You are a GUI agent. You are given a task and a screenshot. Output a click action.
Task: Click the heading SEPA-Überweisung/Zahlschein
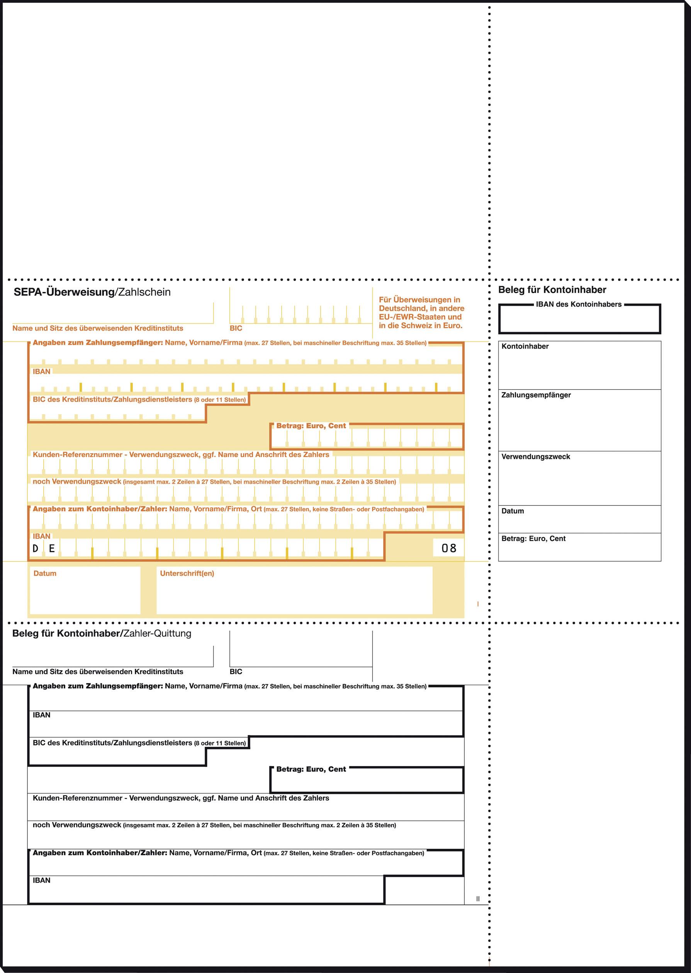(x=92, y=292)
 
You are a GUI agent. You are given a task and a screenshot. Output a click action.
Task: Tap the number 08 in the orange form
(x=448, y=548)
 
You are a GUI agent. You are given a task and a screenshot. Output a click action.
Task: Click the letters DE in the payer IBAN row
(x=43, y=549)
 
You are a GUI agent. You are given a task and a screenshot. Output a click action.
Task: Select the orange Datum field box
(x=85, y=590)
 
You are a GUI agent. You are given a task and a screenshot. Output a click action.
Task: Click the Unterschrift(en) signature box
(x=294, y=590)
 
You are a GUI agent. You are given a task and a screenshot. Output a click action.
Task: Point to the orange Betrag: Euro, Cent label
(x=311, y=425)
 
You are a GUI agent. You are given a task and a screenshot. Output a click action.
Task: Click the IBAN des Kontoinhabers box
(x=579, y=319)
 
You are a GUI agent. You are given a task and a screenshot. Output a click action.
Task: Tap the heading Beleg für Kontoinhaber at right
(x=552, y=290)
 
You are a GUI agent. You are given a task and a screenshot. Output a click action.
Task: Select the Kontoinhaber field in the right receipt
(x=579, y=365)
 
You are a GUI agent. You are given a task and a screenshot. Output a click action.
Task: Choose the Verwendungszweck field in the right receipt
(x=579, y=478)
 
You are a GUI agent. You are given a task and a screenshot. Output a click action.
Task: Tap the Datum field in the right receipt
(x=579, y=519)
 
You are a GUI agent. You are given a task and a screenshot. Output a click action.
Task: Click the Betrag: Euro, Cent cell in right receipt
(x=579, y=548)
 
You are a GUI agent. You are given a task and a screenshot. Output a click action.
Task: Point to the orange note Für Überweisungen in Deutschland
(x=421, y=313)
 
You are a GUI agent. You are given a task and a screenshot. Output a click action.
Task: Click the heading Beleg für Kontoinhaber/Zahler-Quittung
(x=102, y=634)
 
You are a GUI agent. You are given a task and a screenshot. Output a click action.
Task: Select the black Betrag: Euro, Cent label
(x=311, y=769)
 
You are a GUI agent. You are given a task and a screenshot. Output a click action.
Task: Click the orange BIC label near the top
(x=236, y=328)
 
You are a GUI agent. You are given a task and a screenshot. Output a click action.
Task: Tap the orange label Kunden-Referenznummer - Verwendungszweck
(x=181, y=454)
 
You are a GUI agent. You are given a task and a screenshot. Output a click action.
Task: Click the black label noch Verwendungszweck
(x=77, y=825)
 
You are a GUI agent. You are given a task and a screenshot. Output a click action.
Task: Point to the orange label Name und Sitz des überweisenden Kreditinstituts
(x=97, y=328)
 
